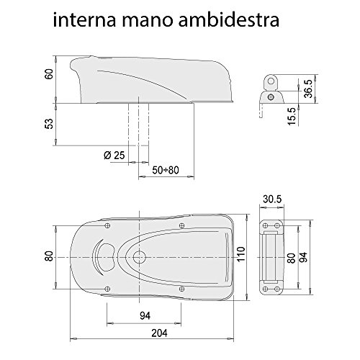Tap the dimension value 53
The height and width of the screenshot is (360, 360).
48,123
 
